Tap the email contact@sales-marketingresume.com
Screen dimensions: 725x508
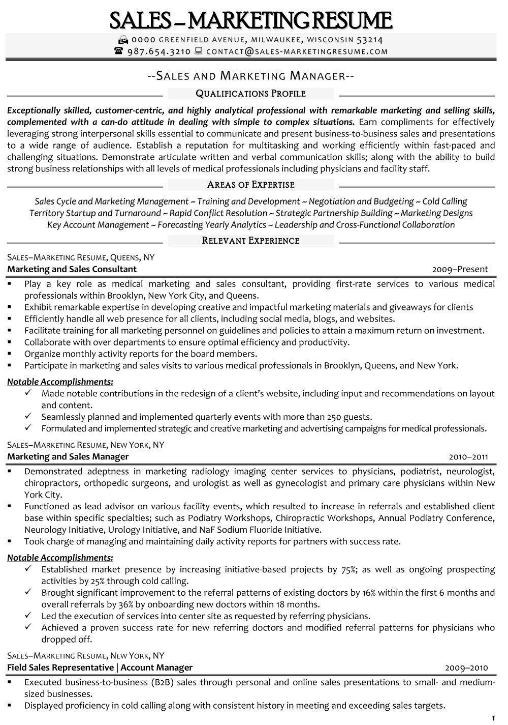point(297,51)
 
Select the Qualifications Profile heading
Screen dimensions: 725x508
point(250,94)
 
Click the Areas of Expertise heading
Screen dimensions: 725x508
point(250,185)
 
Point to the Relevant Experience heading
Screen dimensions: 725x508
point(250,241)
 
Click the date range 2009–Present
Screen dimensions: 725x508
point(460,270)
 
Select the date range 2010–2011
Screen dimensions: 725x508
point(468,457)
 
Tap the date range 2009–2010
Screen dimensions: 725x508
point(466,668)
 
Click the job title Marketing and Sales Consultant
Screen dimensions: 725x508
point(72,269)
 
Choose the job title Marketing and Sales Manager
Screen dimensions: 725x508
point(68,456)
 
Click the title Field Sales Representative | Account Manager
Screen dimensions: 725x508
point(100,668)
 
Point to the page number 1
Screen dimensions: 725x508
point(493,718)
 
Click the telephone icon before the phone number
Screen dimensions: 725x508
point(119,51)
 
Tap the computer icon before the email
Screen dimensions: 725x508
point(198,51)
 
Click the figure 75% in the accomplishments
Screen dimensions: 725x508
point(348,569)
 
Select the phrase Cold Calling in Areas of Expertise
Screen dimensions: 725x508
point(444,201)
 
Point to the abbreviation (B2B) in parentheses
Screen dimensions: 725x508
point(157,682)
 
